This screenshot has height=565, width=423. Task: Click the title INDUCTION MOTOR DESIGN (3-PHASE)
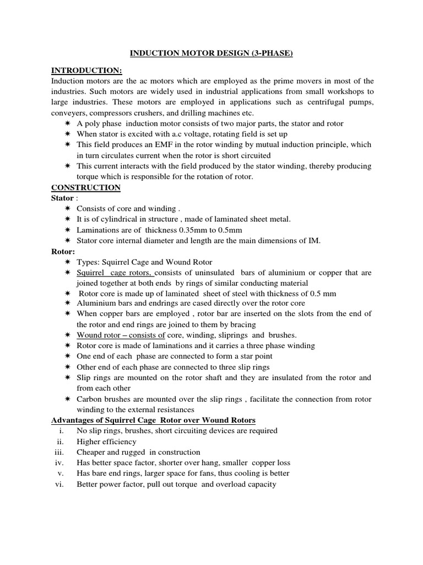(x=211, y=54)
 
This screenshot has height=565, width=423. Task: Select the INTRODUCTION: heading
(x=86, y=70)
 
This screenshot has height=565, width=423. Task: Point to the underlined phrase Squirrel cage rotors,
(x=116, y=273)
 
